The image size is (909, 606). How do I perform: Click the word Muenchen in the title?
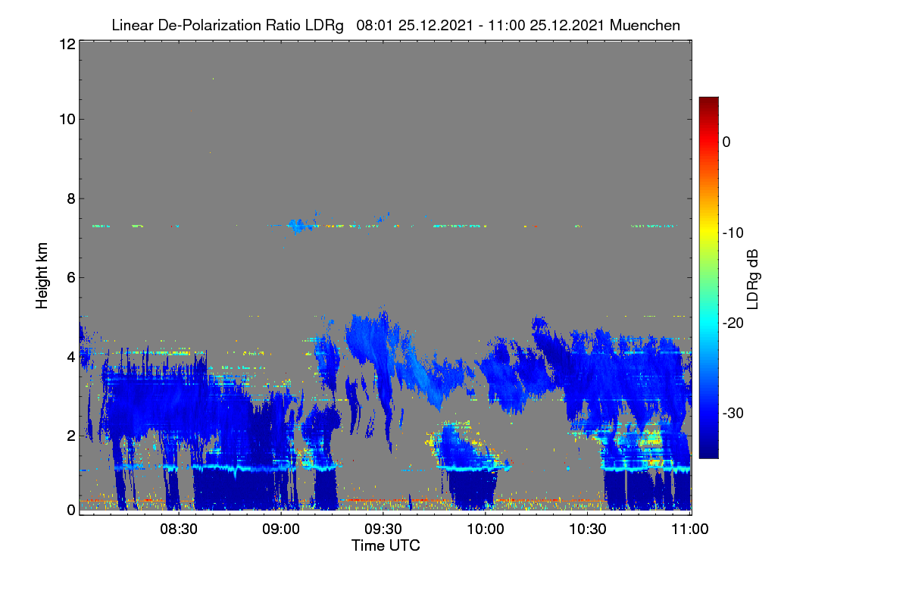pos(645,25)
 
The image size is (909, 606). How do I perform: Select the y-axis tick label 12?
pos(67,44)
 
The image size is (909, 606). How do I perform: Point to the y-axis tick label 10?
pos(67,120)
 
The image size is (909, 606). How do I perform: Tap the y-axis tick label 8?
pos(71,198)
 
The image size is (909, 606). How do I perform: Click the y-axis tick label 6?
pos(71,278)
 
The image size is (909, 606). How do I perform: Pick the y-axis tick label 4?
pos(71,358)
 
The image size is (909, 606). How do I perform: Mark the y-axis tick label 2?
pos(71,436)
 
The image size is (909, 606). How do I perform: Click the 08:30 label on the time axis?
pos(179,529)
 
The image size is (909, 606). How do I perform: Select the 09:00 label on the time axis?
pos(281,529)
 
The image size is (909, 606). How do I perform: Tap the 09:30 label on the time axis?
pos(383,529)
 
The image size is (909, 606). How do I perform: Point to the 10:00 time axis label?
pos(486,529)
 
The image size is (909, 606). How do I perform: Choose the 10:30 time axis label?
pos(588,529)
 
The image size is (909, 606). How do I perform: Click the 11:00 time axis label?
pos(690,529)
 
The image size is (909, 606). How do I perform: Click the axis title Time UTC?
pos(386,545)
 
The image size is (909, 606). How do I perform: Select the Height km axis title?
pos(42,276)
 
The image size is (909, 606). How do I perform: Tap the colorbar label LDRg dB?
pos(752,280)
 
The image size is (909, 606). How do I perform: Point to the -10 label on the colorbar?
pos(733,233)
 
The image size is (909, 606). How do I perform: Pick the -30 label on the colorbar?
pos(733,413)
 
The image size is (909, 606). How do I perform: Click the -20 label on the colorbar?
pos(733,323)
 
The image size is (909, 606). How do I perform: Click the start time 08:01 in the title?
pos(374,25)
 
